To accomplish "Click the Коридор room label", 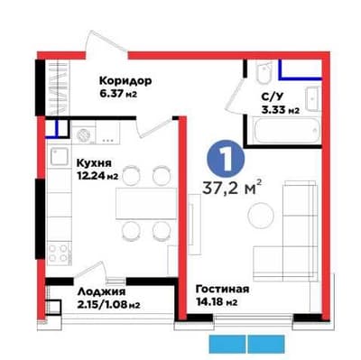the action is [125, 81].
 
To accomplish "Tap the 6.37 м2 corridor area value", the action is [118, 94].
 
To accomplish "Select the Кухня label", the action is [94, 163].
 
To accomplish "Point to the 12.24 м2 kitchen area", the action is [97, 176].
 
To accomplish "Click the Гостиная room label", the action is [222, 290].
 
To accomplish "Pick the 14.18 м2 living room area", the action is [217, 301].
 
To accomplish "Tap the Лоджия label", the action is [101, 292].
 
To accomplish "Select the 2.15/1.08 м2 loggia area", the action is [108, 305].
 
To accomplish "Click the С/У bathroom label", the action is [273, 97].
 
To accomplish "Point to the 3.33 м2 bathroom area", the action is [281, 110].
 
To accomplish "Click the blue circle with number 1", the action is [226, 159].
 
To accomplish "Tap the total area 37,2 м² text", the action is [231, 188].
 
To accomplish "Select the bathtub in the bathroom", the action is [286, 131].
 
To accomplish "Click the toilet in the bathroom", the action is [264, 73].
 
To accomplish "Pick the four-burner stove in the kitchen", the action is [59, 253].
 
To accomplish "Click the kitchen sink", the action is [60, 157].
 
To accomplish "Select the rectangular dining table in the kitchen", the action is [146, 204].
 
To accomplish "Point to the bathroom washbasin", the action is [313, 99].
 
